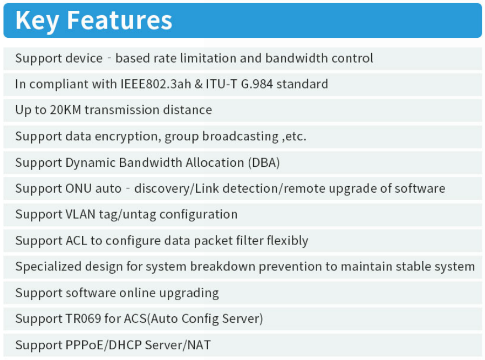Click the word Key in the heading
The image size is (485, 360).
pos(37,21)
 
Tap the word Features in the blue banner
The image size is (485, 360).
pos(119,21)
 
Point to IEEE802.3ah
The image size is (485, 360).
pos(155,84)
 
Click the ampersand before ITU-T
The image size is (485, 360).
pos(199,84)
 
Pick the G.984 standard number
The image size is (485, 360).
pos(257,84)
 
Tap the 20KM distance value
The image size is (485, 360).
pos(65,110)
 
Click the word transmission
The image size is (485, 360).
pos(122,110)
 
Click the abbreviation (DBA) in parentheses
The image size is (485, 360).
pos(264,163)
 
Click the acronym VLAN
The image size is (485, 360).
pos(80,214)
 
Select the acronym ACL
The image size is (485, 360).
pos(77,241)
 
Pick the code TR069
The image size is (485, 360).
pos(83,318)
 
